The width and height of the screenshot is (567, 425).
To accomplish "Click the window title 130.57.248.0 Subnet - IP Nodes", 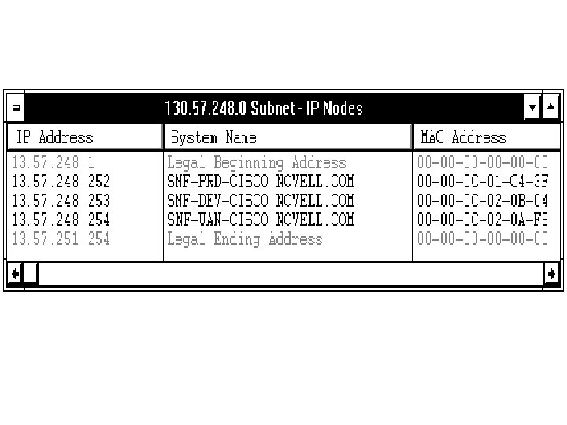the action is point(263,108).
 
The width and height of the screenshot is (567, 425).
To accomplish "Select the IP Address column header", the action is point(54,138).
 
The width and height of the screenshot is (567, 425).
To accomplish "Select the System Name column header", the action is point(213,138).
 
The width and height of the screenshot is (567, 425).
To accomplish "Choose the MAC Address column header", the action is point(463,138).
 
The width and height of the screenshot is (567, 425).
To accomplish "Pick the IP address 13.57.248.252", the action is point(61,182).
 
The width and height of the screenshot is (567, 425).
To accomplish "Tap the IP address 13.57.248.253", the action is point(61,201).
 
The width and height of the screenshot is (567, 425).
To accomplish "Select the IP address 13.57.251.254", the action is point(61,238).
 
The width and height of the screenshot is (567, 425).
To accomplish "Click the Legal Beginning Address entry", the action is point(256,163).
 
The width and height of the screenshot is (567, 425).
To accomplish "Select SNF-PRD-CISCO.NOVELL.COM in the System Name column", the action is point(260,182).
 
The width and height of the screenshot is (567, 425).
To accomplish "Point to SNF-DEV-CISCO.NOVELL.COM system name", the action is point(260,201).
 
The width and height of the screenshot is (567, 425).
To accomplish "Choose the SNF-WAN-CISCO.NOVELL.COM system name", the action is point(260,220).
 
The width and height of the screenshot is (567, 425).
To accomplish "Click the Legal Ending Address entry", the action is point(244,238).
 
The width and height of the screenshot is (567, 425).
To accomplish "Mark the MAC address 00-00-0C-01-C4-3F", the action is point(482,182).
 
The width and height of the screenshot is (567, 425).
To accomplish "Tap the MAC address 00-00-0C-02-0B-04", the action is point(482,201).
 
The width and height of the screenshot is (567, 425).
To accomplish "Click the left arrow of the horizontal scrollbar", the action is point(15,274).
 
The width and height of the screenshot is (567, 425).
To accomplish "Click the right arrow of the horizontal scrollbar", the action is point(551,274).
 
